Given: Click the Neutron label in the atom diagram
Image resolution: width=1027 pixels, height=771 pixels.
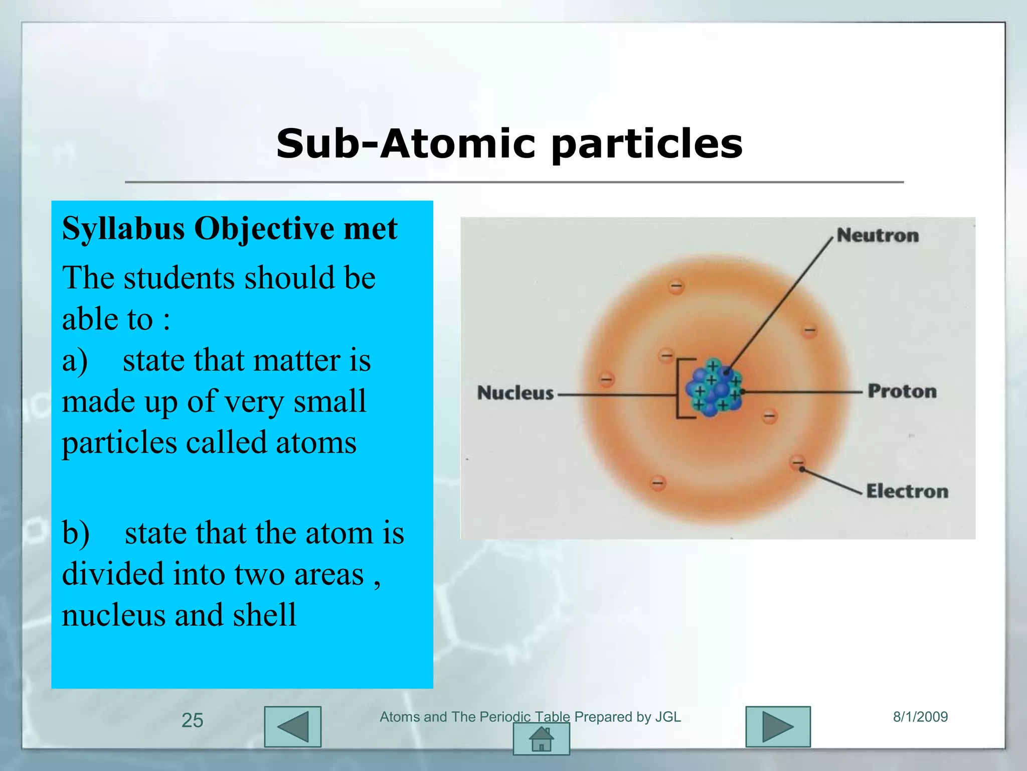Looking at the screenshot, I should (x=878, y=235).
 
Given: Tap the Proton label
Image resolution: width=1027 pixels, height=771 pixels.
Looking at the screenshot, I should (x=902, y=391).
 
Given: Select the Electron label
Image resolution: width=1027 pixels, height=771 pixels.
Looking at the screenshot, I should (x=907, y=491).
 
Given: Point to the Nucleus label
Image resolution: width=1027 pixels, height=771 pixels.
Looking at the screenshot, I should (x=515, y=393).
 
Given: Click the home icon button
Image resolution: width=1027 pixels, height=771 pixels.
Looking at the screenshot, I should (x=541, y=740).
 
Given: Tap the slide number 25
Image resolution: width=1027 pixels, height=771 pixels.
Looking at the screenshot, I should (x=192, y=720).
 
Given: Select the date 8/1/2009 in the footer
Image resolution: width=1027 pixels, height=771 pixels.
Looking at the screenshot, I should (x=920, y=717).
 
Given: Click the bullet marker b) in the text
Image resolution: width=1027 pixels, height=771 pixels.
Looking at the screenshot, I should (x=76, y=533).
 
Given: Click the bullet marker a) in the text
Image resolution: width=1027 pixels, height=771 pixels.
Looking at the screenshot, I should (x=75, y=360).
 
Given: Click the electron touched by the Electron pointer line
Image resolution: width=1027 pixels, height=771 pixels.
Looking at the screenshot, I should (x=797, y=462).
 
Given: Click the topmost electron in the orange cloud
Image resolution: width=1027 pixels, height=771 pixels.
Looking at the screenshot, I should (x=676, y=286).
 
